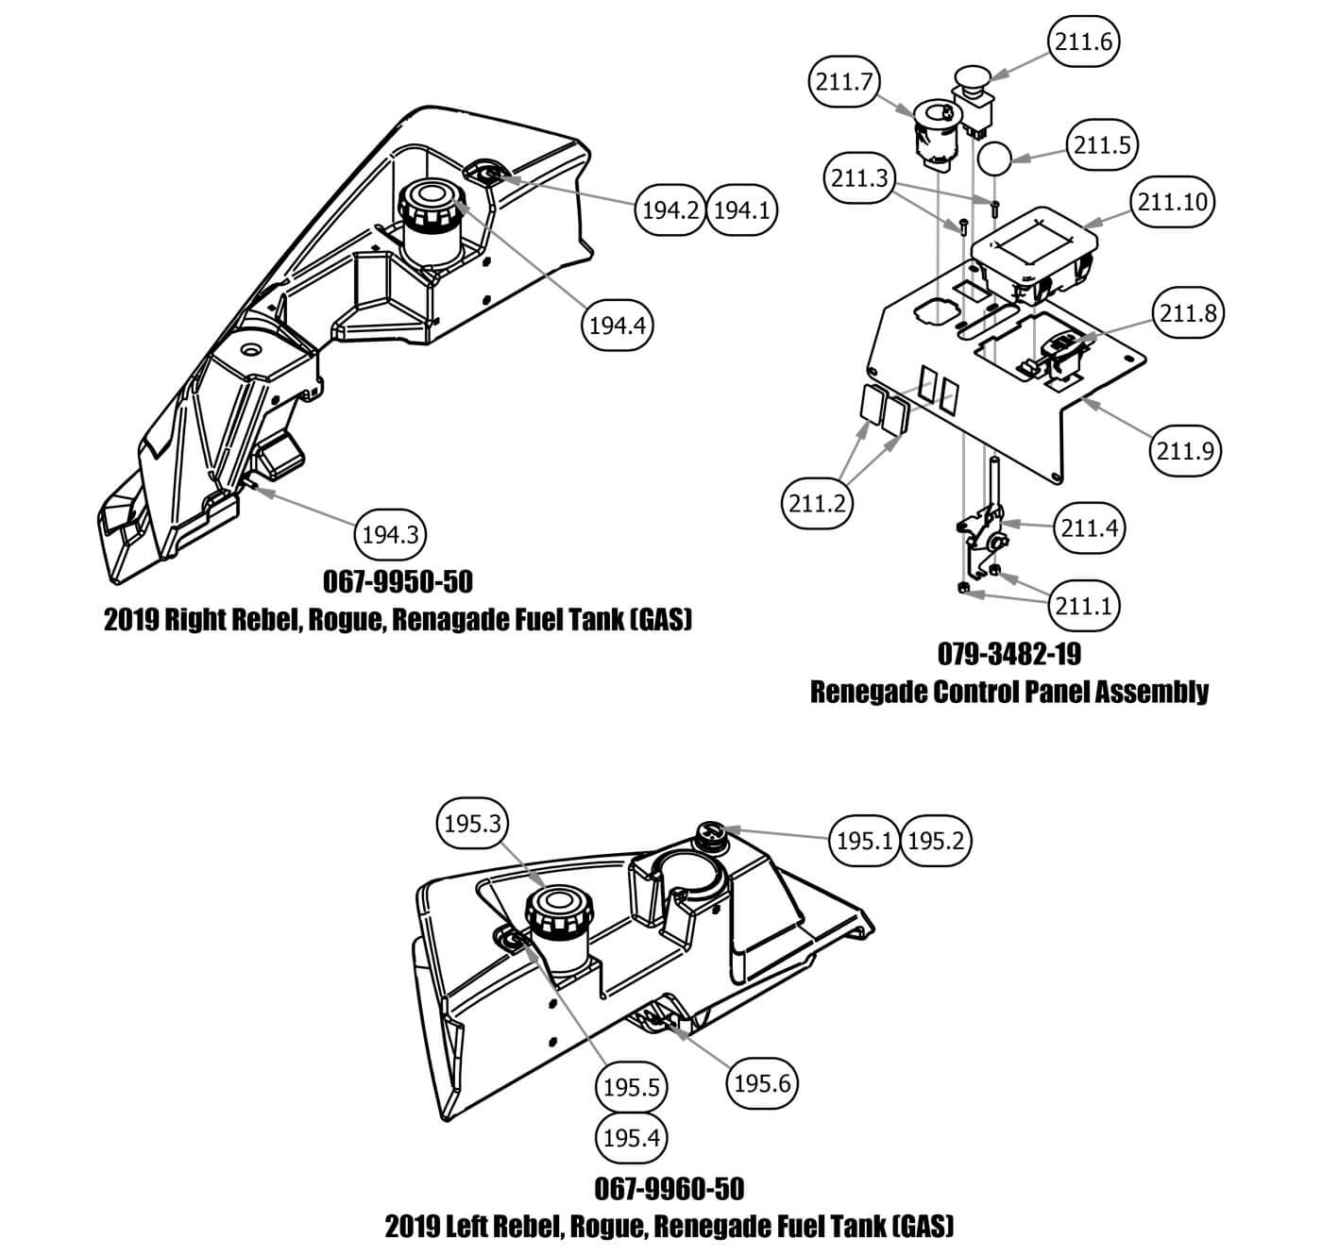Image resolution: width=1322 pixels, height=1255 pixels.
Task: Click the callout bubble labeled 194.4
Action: pyautogui.click(x=617, y=326)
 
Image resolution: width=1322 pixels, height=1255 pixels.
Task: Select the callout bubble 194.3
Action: pyautogui.click(x=390, y=536)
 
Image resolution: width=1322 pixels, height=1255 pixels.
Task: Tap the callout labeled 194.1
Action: pyautogui.click(x=741, y=210)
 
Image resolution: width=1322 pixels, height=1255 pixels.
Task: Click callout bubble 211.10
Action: pyautogui.click(x=1172, y=202)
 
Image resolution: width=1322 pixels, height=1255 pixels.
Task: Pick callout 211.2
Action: pyautogui.click(x=817, y=504)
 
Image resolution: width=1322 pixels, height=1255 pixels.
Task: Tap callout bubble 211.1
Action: pyautogui.click(x=1083, y=605)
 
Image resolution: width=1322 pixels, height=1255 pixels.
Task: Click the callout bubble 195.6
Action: pyautogui.click(x=761, y=1083)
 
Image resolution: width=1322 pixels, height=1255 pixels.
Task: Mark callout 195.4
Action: pyautogui.click(x=631, y=1138)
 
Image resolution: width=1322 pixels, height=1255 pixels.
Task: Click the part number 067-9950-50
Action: pyautogui.click(x=398, y=581)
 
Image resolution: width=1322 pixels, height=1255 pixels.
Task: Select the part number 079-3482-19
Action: pyautogui.click(x=1008, y=653)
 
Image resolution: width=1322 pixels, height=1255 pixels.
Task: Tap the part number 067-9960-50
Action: pyautogui.click(x=669, y=1187)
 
